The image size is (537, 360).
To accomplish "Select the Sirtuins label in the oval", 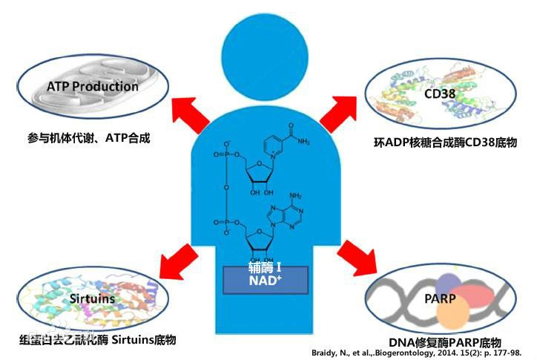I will click(x=93, y=298).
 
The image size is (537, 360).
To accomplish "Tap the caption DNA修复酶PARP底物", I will click(x=445, y=342).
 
